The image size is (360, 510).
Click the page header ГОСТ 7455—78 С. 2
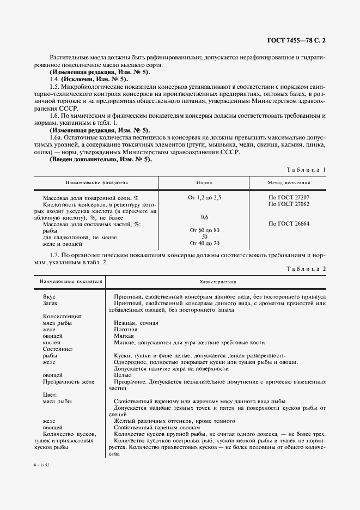tap(298, 40)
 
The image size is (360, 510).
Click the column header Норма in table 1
tap(204, 183)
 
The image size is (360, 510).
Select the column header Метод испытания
tap(289, 183)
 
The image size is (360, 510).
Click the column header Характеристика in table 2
tap(217, 282)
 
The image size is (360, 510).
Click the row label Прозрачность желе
tap(69, 381)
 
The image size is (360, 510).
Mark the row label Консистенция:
tap(63, 316)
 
